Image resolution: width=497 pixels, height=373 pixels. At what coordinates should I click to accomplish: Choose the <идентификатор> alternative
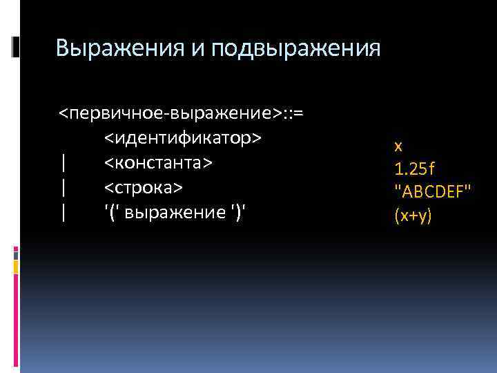click(183, 138)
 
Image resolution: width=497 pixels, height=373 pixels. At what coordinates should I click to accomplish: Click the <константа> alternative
click(158, 163)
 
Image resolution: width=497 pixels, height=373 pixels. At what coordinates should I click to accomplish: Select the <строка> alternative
click(144, 188)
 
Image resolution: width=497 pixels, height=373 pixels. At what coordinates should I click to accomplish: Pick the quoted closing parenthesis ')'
click(240, 213)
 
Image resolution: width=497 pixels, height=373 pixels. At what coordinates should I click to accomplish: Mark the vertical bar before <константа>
click(64, 163)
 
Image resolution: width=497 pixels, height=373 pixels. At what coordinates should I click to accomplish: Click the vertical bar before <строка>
click(64, 188)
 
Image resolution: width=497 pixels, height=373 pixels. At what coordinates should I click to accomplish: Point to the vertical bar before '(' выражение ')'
click(64, 213)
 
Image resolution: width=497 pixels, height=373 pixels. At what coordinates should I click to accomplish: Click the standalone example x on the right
click(398, 146)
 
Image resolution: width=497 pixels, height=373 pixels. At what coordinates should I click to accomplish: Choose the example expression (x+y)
click(413, 216)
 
